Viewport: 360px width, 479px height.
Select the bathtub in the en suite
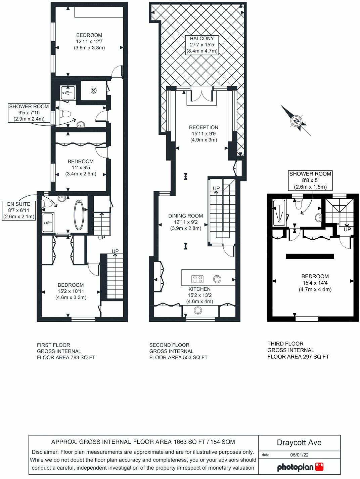79,215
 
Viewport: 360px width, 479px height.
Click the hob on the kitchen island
197,279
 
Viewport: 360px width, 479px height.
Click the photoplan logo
300,467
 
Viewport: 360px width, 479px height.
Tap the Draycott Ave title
299,442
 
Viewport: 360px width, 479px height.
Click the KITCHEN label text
199,289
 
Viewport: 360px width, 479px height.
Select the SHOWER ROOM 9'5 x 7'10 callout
29,113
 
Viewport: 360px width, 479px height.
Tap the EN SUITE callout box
19,210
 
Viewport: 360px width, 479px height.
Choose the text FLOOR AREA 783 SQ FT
66,357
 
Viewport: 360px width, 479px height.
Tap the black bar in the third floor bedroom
310,256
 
